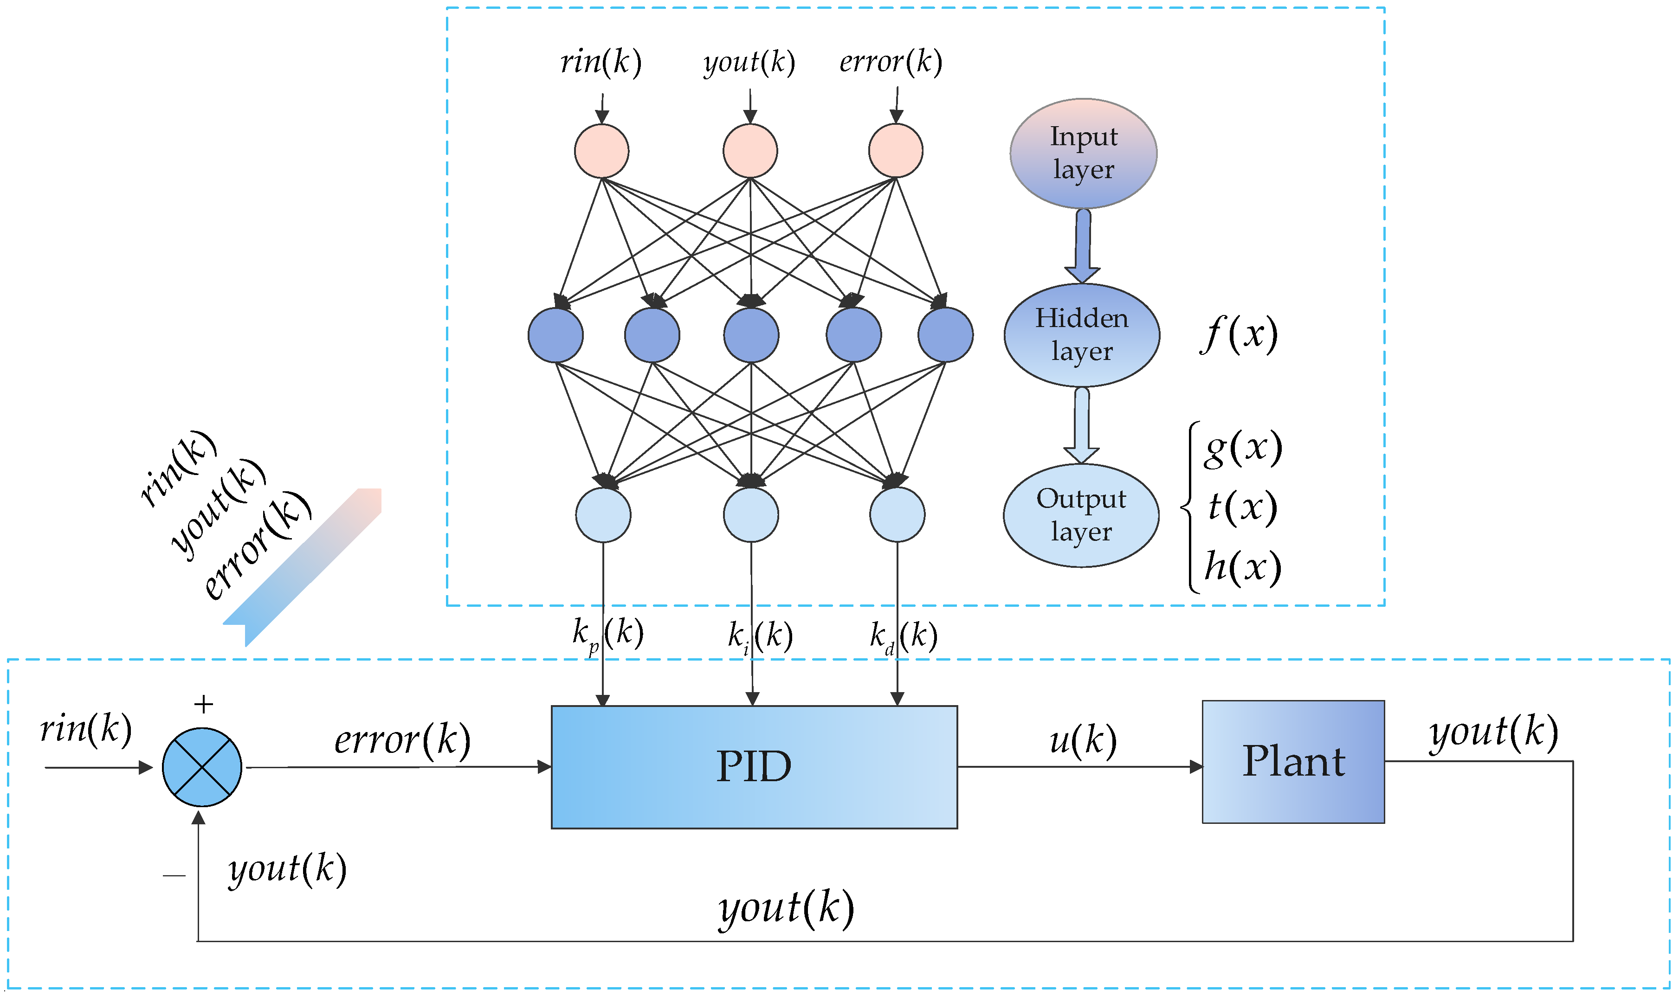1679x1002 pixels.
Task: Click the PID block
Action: click(x=754, y=767)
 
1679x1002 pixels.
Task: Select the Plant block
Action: click(x=1293, y=762)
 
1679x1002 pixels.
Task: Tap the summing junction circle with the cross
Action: click(x=202, y=767)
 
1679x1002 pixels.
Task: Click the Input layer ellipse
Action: click(x=1083, y=153)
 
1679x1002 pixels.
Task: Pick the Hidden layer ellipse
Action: click(x=1081, y=335)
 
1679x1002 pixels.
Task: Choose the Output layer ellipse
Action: click(x=1081, y=515)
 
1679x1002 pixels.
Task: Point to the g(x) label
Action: click(x=1243, y=448)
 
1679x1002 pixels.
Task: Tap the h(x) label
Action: click(x=1243, y=566)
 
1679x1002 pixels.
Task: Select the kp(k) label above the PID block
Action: click(x=607, y=635)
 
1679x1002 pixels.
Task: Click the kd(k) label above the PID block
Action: click(x=903, y=636)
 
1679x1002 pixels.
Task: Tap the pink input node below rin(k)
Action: click(x=601, y=151)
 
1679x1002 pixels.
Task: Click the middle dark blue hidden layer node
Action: click(x=751, y=335)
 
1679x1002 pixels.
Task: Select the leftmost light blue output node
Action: click(x=603, y=515)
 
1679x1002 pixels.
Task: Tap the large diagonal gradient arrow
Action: click(x=304, y=567)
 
